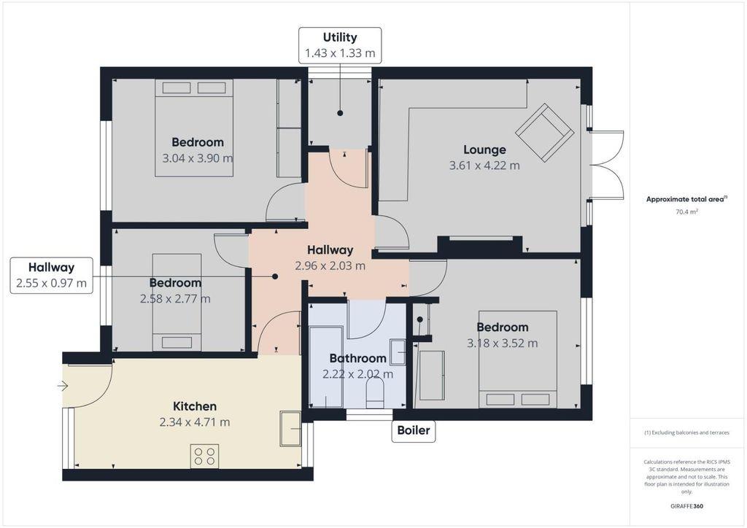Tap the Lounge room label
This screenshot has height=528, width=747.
pyautogui.click(x=484, y=150)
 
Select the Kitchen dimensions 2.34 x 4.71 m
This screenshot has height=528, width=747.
pyautogui.click(x=195, y=422)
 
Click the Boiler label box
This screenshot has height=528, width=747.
pyautogui.click(x=414, y=430)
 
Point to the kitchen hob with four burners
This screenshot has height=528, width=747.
pyautogui.click(x=205, y=456)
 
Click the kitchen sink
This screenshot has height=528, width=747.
pyautogui.click(x=290, y=429)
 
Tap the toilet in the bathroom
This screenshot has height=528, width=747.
pyautogui.click(x=376, y=394)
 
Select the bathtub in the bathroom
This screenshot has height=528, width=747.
pyautogui.click(x=326, y=367)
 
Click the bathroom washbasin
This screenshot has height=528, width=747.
pyautogui.click(x=398, y=352)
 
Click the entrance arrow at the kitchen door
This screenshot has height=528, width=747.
pyautogui.click(x=63, y=386)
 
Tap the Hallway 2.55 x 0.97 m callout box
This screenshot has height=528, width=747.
pyautogui.click(x=52, y=275)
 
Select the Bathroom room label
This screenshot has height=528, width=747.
pyautogui.click(x=357, y=358)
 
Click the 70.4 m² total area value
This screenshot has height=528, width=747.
pyautogui.click(x=686, y=212)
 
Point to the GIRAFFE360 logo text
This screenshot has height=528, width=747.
pyautogui.click(x=686, y=506)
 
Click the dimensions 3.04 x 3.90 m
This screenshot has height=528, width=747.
pyautogui.click(x=198, y=158)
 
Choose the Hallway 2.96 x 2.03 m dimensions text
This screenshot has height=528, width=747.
pyautogui.click(x=330, y=265)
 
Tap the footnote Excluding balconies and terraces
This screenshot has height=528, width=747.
pyautogui.click(x=686, y=432)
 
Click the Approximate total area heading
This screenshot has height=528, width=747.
pyautogui.click(x=686, y=200)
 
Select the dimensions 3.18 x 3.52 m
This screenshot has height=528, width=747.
pyautogui.click(x=502, y=343)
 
